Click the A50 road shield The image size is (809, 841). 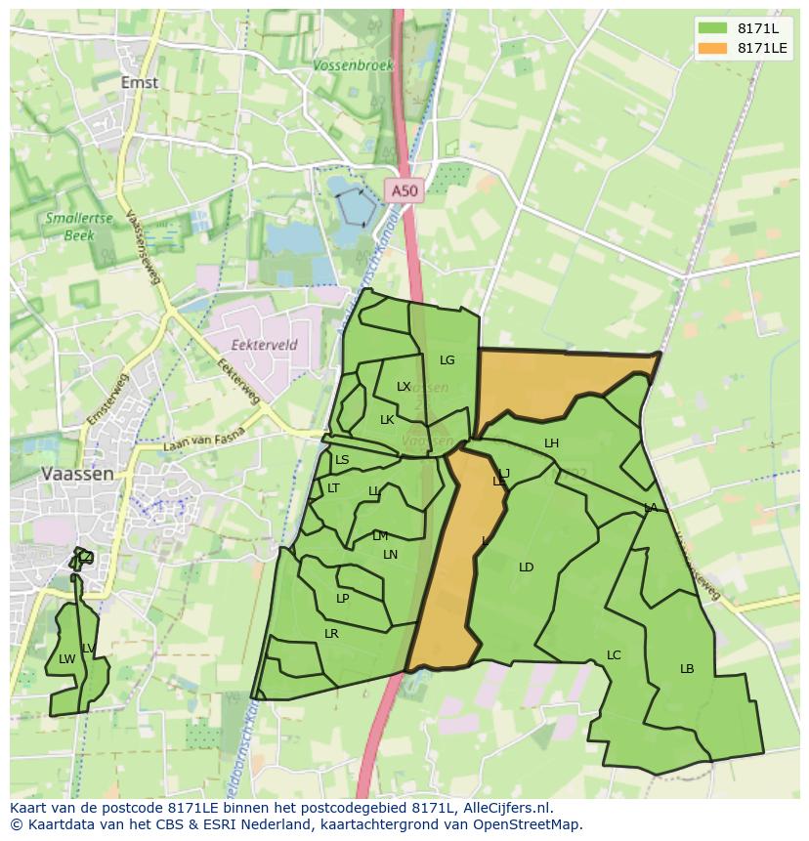(x=403, y=192)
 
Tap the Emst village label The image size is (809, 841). (x=140, y=82)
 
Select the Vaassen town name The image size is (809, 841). (x=77, y=473)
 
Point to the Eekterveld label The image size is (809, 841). (x=265, y=345)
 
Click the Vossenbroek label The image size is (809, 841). (x=354, y=65)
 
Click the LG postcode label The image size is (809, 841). (x=447, y=360)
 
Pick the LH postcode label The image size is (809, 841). (x=551, y=443)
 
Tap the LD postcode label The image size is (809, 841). (x=526, y=568)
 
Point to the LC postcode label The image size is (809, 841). (x=614, y=655)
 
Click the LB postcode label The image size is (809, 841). (x=687, y=669)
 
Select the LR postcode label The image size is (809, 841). (x=331, y=634)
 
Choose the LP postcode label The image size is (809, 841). (x=342, y=599)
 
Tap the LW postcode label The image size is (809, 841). (x=66, y=659)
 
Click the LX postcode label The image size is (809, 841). (x=404, y=387)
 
